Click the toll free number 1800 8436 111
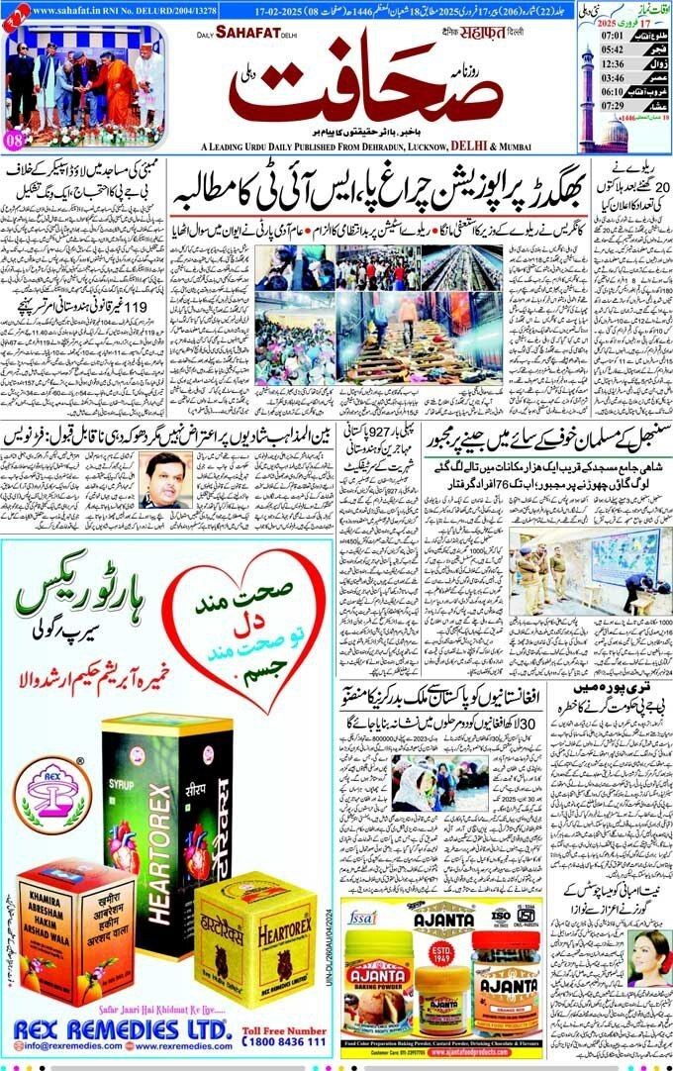(285, 1041)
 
